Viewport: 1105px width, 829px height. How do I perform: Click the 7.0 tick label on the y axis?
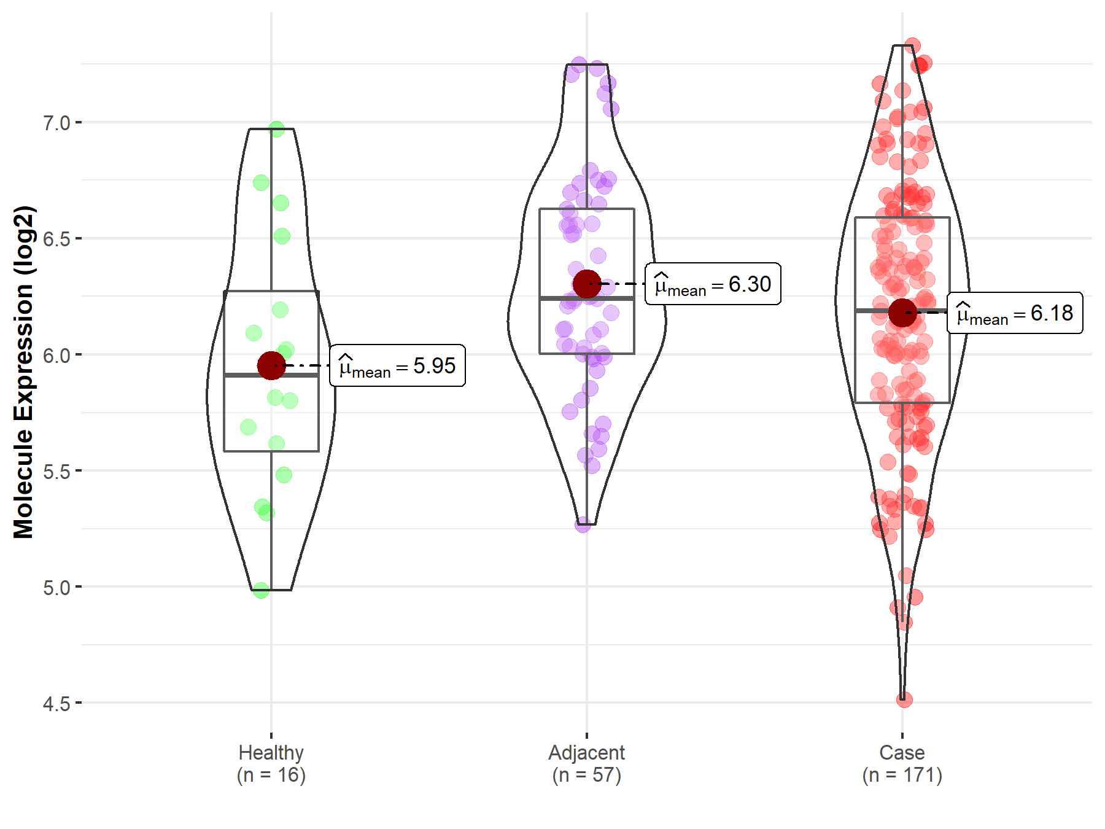(x=56, y=123)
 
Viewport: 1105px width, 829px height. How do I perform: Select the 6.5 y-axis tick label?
(x=56, y=239)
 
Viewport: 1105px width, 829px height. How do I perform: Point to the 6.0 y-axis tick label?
(x=56, y=355)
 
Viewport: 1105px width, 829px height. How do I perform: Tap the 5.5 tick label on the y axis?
(x=56, y=471)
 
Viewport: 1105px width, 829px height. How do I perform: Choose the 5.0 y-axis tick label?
(x=56, y=587)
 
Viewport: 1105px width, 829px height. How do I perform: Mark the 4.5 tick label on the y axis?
(x=56, y=703)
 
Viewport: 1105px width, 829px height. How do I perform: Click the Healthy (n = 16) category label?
(x=271, y=763)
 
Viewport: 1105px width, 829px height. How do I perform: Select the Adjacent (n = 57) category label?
(x=587, y=763)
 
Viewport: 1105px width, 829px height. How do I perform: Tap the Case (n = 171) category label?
(x=902, y=763)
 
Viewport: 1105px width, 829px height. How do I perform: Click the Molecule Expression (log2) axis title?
(x=23, y=372)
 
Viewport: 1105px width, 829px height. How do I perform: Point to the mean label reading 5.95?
(x=397, y=366)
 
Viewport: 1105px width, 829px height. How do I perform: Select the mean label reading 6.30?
(x=713, y=284)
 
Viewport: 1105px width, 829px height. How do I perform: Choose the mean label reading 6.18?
(x=1015, y=313)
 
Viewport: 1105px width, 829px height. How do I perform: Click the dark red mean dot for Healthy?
(x=271, y=366)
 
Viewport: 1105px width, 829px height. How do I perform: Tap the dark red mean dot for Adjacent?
(x=587, y=284)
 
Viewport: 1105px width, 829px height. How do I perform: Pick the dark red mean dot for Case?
(x=902, y=313)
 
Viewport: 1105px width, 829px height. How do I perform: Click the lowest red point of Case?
(x=904, y=699)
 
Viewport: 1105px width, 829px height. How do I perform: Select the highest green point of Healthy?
(x=277, y=130)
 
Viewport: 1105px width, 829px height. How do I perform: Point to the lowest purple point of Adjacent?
(x=583, y=524)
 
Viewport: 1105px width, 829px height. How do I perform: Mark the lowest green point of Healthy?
(x=262, y=591)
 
